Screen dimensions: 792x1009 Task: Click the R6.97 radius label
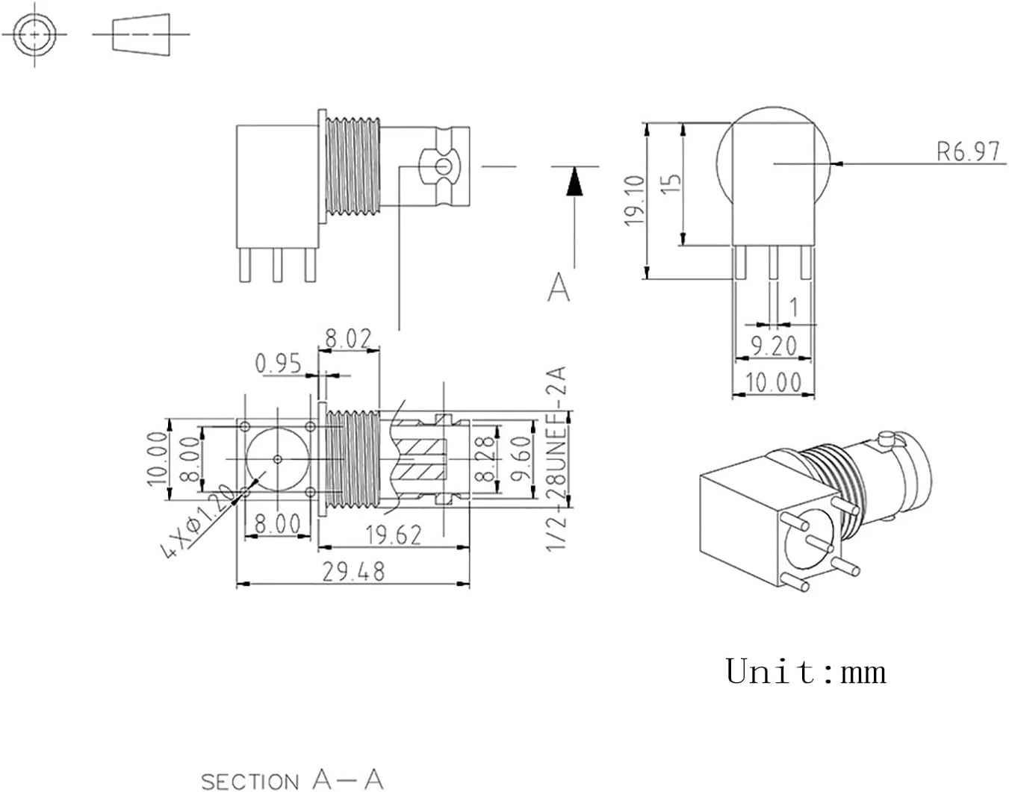pos(967,152)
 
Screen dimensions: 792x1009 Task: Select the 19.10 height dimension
pos(634,201)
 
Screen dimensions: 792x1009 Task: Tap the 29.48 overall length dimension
pos(353,572)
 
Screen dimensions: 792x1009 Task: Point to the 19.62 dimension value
pos(393,534)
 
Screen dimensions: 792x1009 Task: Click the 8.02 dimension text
pos(348,338)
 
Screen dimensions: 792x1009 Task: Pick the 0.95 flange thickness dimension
pos(278,364)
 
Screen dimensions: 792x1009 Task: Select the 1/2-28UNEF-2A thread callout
pos(557,458)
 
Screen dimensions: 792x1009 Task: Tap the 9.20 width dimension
pos(773,346)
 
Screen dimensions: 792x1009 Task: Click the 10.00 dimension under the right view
pos(773,382)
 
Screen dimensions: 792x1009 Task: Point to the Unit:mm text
pos(805,670)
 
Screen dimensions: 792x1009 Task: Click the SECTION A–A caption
pos(292,780)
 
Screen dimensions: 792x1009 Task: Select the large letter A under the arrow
pos(559,287)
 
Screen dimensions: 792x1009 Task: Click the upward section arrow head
pos(574,181)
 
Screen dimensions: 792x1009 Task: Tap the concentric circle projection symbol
pos(34,34)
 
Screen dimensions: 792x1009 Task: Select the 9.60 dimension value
pos(521,459)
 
